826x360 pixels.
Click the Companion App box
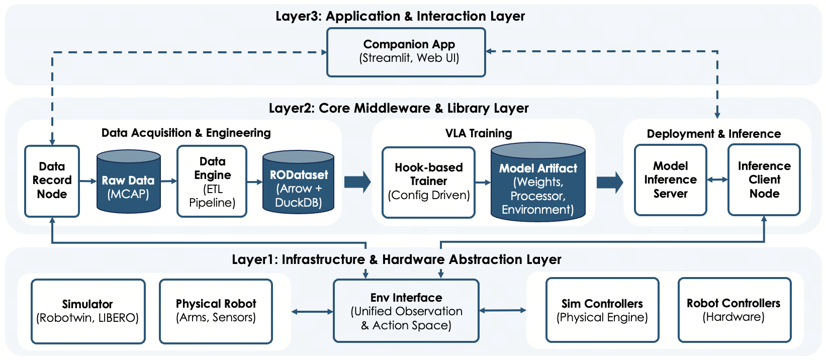click(x=406, y=52)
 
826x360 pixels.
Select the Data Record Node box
click(x=52, y=181)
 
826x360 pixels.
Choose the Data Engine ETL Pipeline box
click(x=212, y=182)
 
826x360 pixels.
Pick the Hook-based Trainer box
click(x=428, y=182)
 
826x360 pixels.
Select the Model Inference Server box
click(x=670, y=180)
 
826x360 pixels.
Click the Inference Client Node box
click(x=764, y=180)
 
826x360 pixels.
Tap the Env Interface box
click(x=406, y=311)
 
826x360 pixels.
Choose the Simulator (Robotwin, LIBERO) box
click(x=88, y=311)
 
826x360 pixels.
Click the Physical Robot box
click(x=216, y=311)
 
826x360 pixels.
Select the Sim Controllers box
click(x=602, y=310)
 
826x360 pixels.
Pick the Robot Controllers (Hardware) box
click(x=734, y=310)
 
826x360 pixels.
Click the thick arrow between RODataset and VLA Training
click(x=357, y=182)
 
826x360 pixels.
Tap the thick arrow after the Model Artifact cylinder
click(x=609, y=182)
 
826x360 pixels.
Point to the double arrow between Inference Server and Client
click(x=717, y=179)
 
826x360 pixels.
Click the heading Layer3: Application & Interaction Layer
click(x=400, y=16)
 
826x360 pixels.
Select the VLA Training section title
click(x=479, y=133)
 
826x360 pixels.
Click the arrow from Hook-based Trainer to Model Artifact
click(x=483, y=182)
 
